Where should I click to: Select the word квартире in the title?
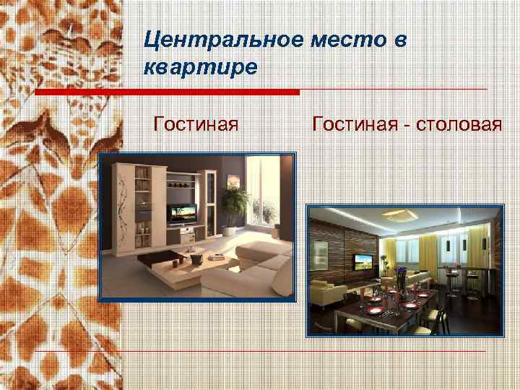pyautogui.click(x=200, y=68)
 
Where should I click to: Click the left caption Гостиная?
pyautogui.click(x=196, y=125)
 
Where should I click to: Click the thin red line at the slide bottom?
pyautogui.click(x=303, y=352)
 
